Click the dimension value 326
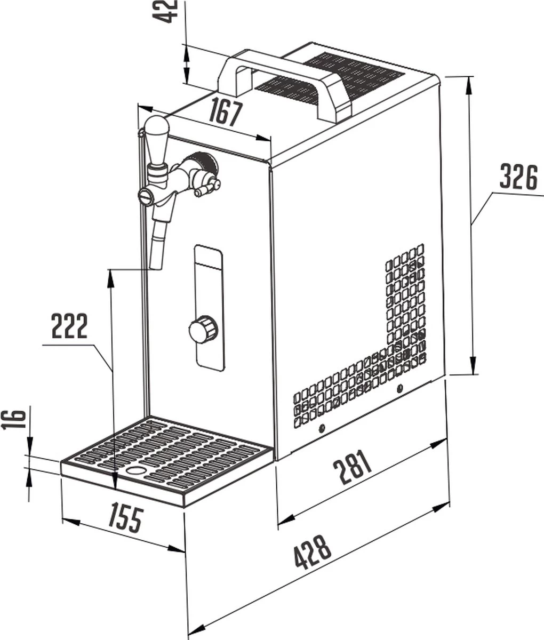(x=518, y=178)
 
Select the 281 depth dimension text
(x=353, y=468)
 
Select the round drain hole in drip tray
(x=137, y=471)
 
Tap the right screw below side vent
(x=400, y=388)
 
